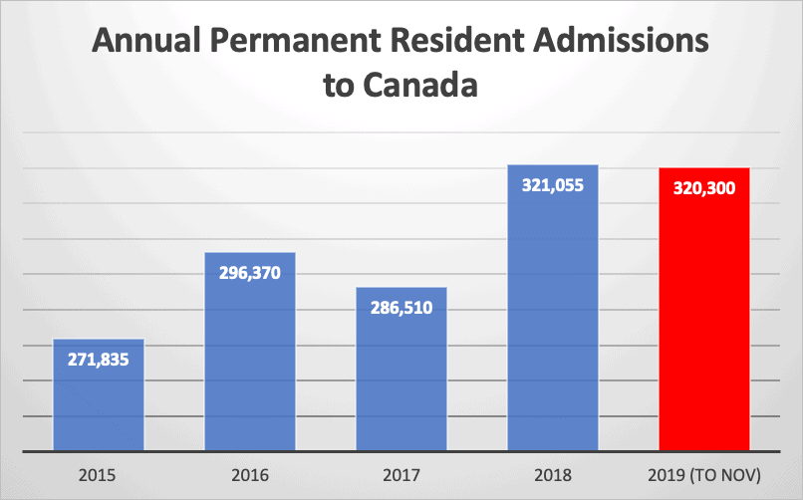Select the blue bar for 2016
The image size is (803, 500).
[250, 359]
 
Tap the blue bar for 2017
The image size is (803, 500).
[401, 378]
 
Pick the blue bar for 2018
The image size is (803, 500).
[553, 319]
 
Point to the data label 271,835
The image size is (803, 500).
[99, 360]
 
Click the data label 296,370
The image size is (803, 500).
[250, 273]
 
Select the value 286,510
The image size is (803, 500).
[401, 308]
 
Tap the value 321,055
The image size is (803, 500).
[553, 185]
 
